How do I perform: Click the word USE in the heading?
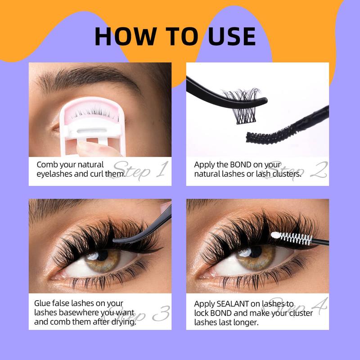coord(232,36)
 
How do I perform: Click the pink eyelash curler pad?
coord(92,110)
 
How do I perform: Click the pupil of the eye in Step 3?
coord(102,255)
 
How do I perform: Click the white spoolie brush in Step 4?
coord(291,238)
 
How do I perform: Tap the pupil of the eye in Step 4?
coord(255,252)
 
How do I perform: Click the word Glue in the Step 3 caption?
coord(42,303)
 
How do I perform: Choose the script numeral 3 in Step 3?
coord(161,313)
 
